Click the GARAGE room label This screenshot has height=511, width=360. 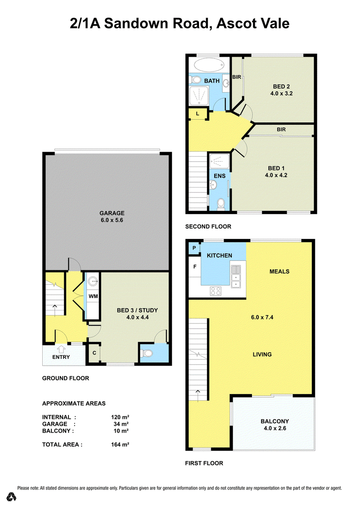pyautogui.click(x=112, y=213)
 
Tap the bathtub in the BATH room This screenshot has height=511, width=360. pyautogui.click(x=209, y=65)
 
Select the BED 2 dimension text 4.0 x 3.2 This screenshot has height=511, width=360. pyautogui.click(x=281, y=94)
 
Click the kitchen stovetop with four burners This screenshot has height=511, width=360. pyautogui.click(x=216, y=291)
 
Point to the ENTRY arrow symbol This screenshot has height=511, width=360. pyautogui.click(x=61, y=350)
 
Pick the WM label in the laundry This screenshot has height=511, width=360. pyautogui.click(x=93, y=296)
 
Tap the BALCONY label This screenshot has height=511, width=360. pyautogui.click(x=274, y=421)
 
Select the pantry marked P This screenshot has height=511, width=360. pyautogui.click(x=194, y=248)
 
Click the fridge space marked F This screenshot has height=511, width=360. pyautogui.click(x=195, y=267)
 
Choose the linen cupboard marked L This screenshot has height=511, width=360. pyautogui.click(x=198, y=114)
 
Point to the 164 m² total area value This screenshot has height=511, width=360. pyautogui.click(x=120, y=444)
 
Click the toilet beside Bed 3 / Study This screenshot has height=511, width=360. pyautogui.click(x=148, y=353)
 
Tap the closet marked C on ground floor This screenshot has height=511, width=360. pyautogui.click(x=94, y=353)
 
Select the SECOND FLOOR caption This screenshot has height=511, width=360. pyautogui.click(x=208, y=227)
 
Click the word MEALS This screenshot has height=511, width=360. pyautogui.click(x=279, y=272)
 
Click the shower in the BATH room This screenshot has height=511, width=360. pyautogui.click(x=199, y=96)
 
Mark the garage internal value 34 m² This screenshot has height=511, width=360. pyautogui.click(x=121, y=424)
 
